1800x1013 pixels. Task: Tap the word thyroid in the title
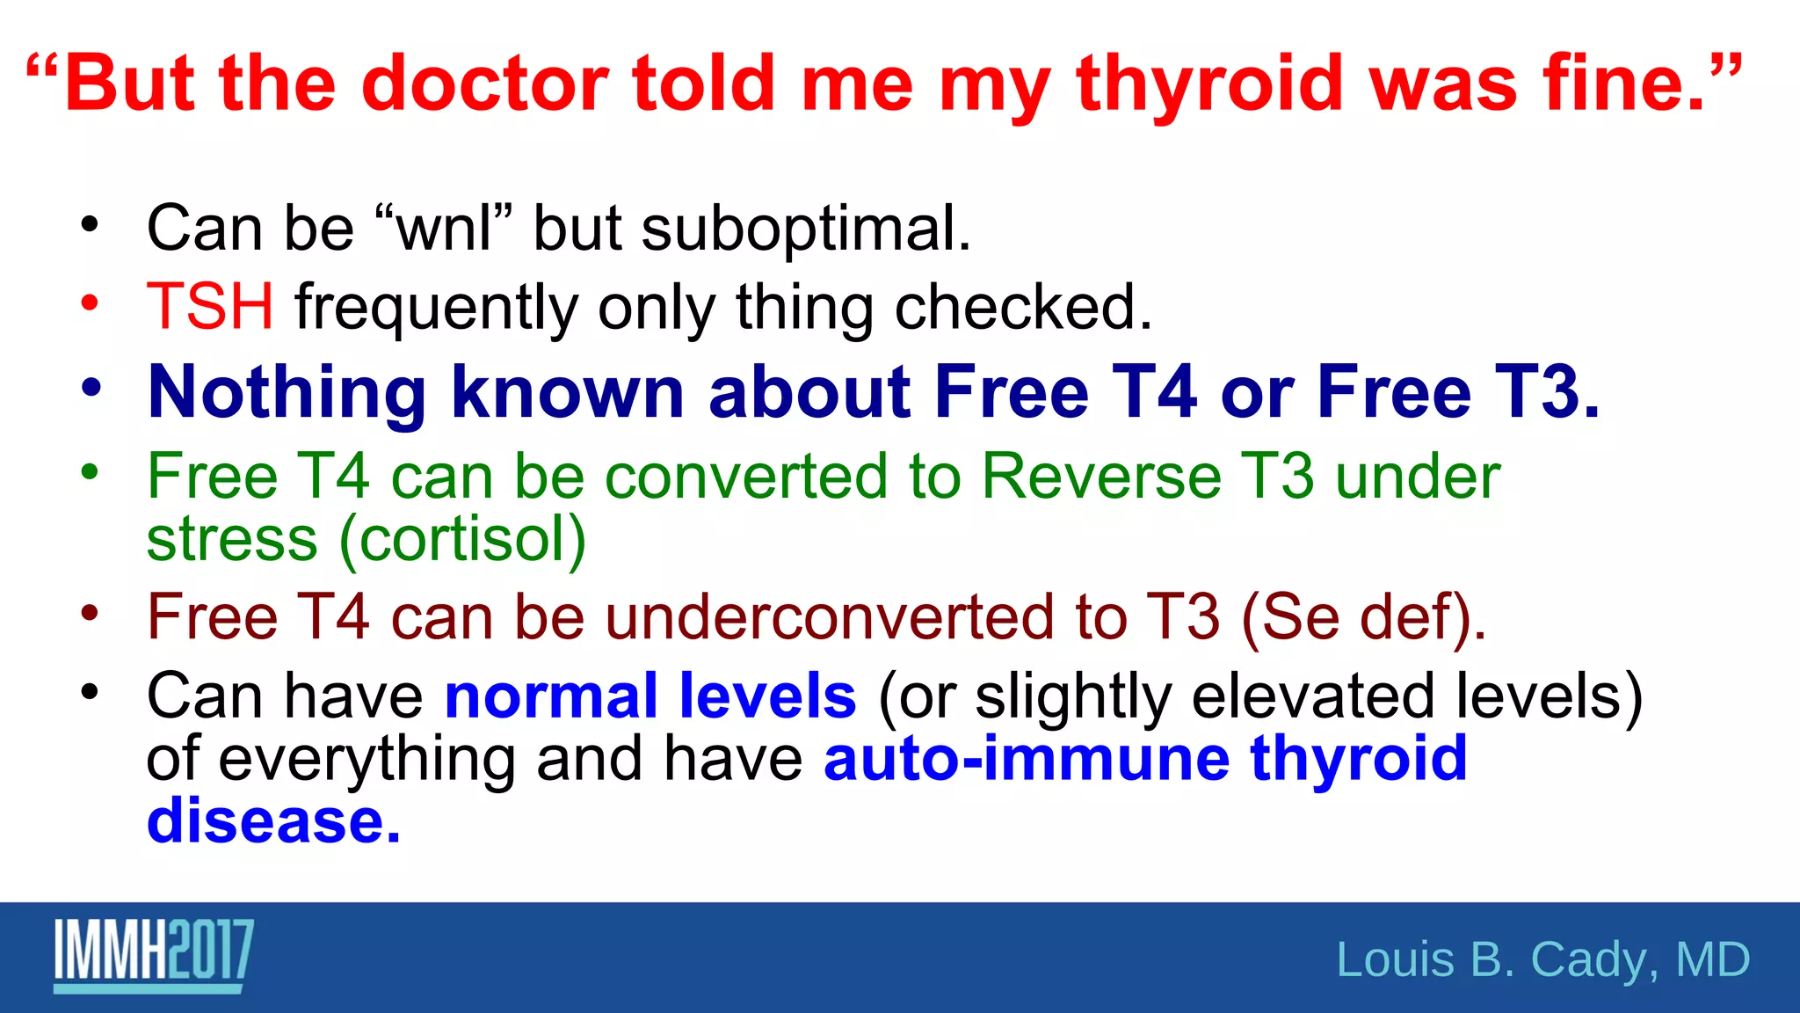click(1210, 85)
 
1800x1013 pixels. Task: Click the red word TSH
click(210, 307)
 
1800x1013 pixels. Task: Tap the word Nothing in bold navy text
click(287, 391)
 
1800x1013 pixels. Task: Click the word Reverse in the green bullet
click(1100, 477)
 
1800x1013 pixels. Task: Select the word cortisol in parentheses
click(462, 539)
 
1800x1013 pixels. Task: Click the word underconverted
click(829, 616)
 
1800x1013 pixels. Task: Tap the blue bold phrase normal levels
click(650, 696)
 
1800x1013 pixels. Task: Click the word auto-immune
click(1027, 758)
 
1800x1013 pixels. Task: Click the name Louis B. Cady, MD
click(1542, 959)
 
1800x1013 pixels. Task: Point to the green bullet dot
click(90, 472)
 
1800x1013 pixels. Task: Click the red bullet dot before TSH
click(90, 303)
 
